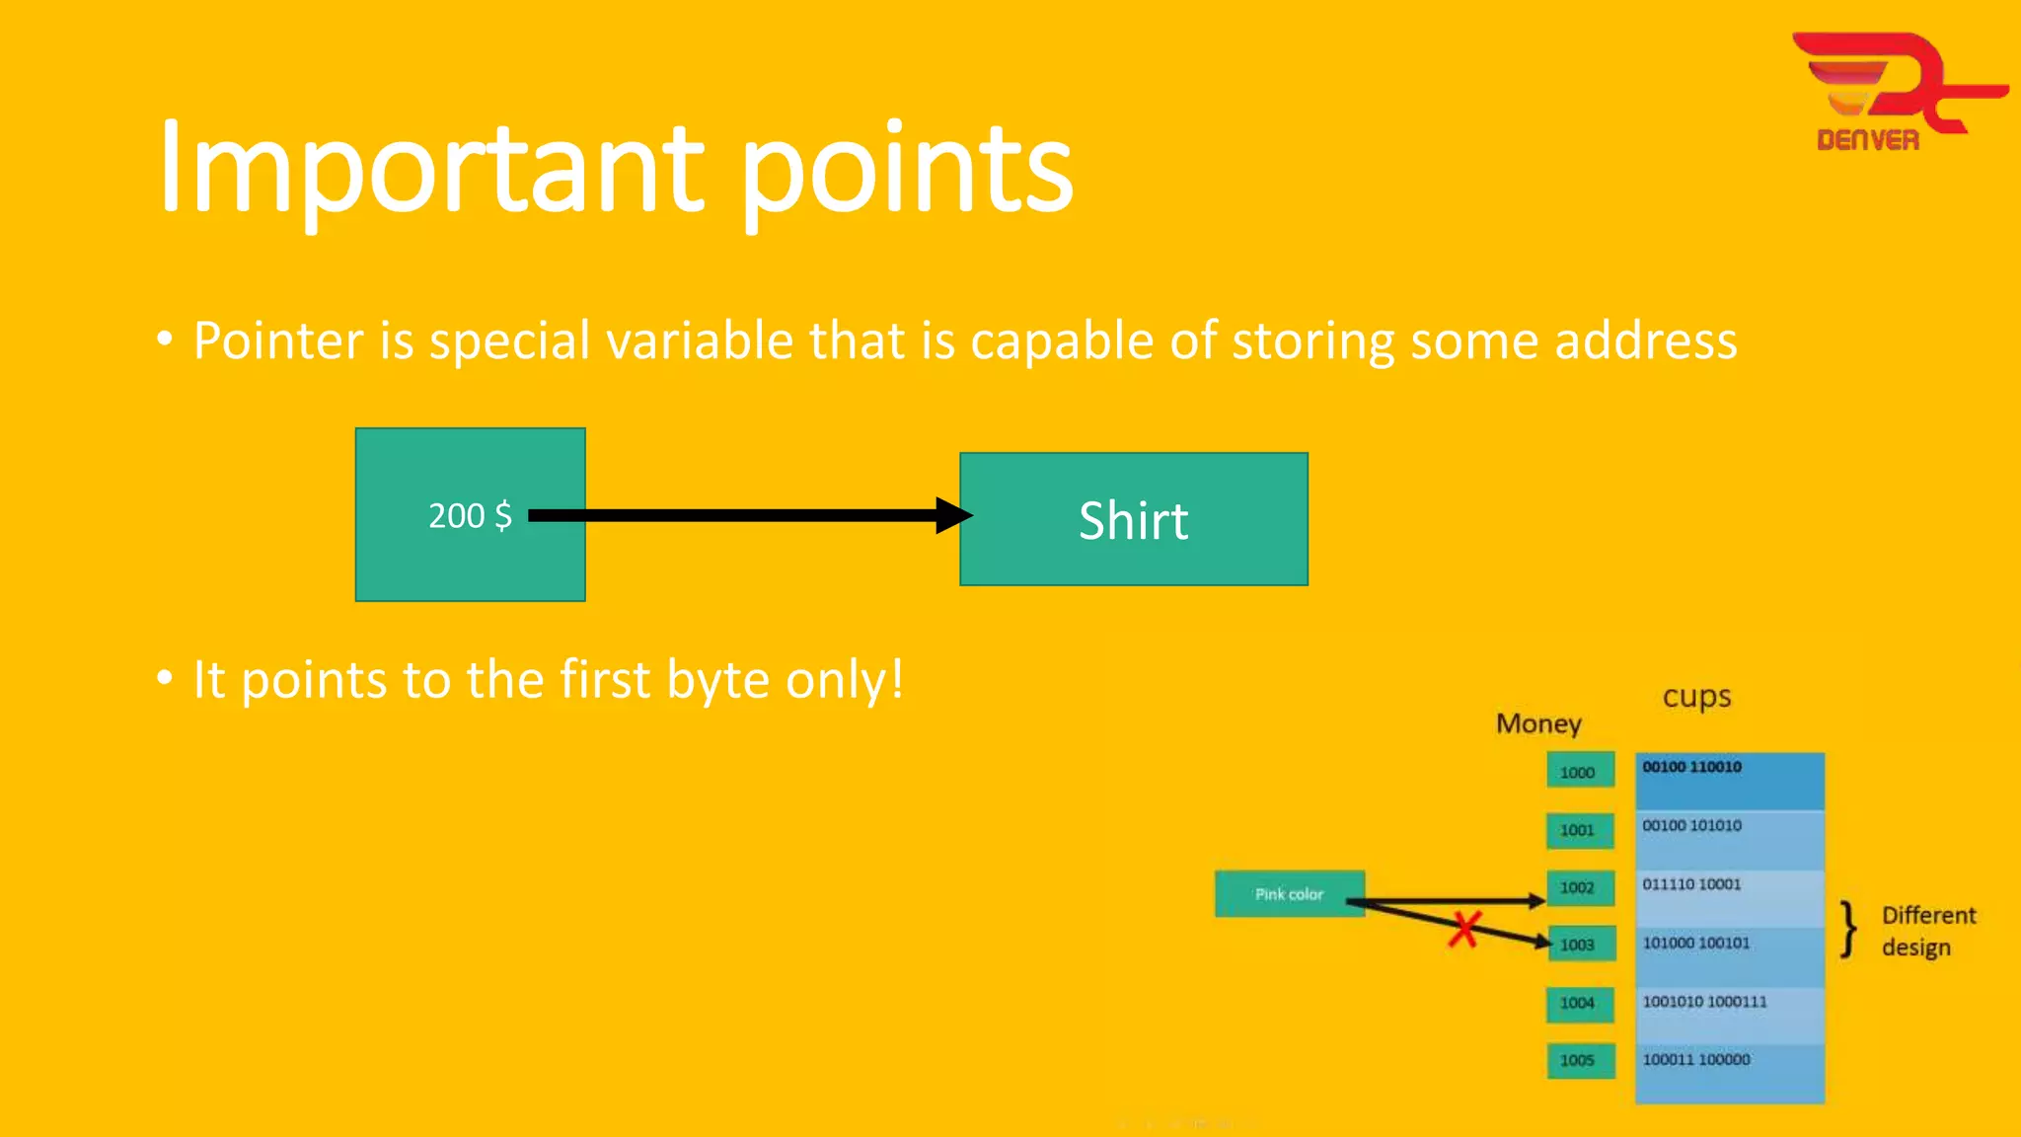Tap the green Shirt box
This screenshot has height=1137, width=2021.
(x=1133, y=520)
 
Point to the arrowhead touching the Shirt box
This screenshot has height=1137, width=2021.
(x=953, y=515)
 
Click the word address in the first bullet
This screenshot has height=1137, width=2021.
(x=1645, y=341)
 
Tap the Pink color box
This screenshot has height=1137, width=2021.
(x=1289, y=894)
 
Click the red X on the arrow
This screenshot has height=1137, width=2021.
(x=1464, y=929)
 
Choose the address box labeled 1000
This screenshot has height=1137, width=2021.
(x=1579, y=771)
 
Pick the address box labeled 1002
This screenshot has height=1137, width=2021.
(x=1579, y=887)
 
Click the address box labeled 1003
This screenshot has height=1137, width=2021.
(x=1579, y=945)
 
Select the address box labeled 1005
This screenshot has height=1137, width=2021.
(x=1579, y=1060)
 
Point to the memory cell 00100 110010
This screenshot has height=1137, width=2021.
(x=1729, y=781)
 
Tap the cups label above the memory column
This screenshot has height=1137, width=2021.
(x=1696, y=697)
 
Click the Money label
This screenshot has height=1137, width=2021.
(x=1538, y=723)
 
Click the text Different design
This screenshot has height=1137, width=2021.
(x=1926, y=931)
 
